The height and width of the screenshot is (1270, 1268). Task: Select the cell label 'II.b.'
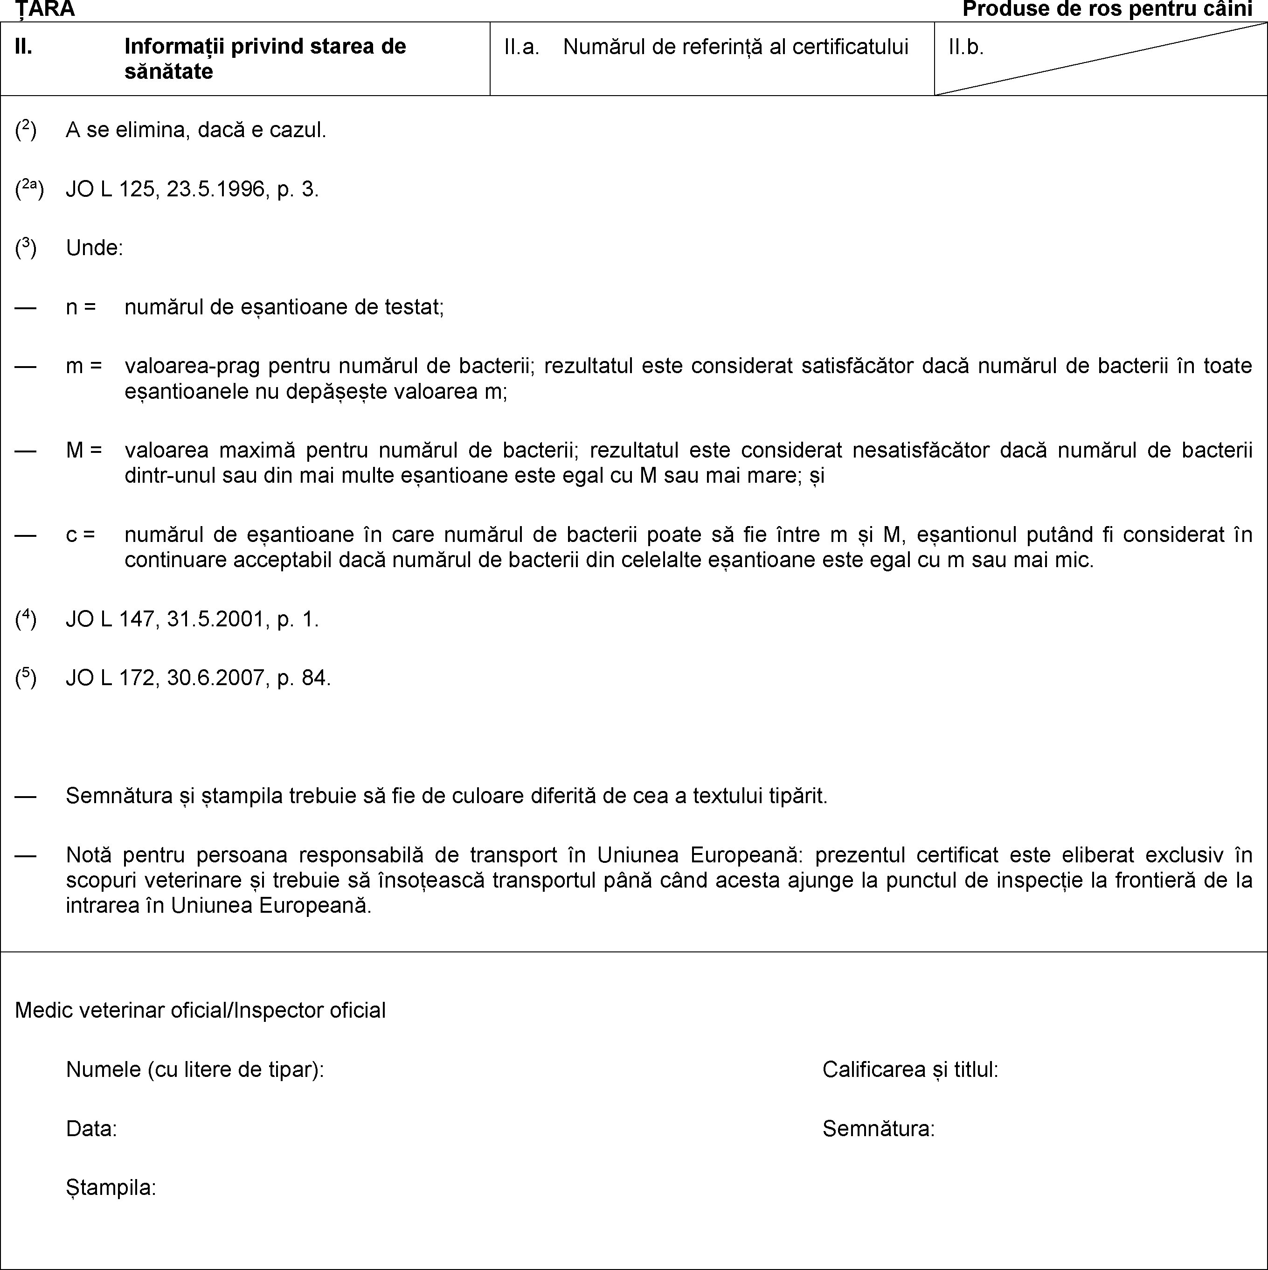click(x=966, y=47)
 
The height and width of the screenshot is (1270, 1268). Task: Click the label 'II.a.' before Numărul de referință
click(x=521, y=47)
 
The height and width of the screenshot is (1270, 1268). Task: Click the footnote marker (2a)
click(x=29, y=189)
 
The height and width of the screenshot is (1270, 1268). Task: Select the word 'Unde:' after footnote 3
click(x=95, y=248)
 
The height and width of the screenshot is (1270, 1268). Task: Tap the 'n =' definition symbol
click(x=81, y=307)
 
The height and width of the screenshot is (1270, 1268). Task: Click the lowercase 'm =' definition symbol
click(x=83, y=366)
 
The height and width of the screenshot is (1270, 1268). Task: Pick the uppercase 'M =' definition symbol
click(x=83, y=450)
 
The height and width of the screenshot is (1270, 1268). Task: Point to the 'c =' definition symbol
click(x=81, y=534)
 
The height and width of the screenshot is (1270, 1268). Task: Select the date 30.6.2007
click(x=217, y=678)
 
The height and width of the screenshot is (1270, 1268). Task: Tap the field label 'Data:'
click(x=91, y=1129)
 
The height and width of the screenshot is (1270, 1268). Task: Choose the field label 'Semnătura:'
click(x=878, y=1129)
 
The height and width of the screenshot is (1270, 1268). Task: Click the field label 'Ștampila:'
click(x=111, y=1187)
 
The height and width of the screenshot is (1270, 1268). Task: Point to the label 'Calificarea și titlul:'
click(x=910, y=1069)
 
